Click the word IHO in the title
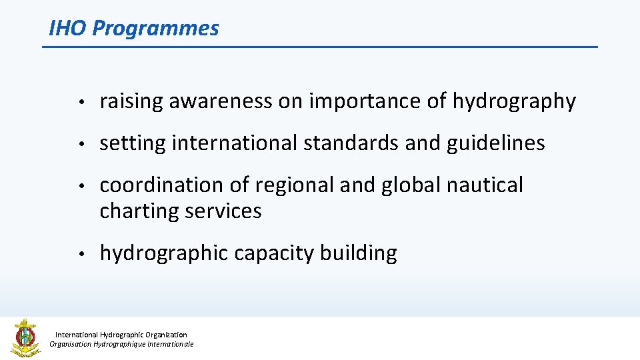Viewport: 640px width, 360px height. point(68,28)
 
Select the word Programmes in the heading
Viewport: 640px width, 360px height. point(155,29)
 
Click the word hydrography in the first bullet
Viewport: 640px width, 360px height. point(514,102)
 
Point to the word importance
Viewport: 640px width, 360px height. point(362,102)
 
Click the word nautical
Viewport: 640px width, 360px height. point(485,185)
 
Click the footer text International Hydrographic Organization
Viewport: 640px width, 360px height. point(121,335)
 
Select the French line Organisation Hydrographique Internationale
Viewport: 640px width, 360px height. point(121,344)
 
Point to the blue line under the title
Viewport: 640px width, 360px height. point(320,47)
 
